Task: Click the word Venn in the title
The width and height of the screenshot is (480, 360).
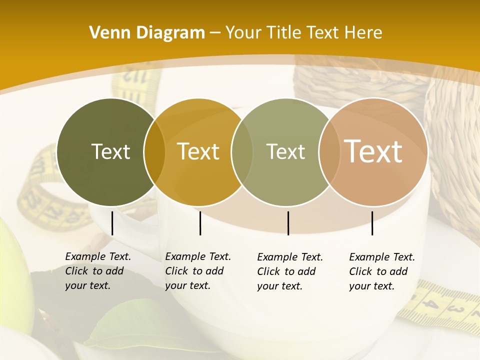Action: pos(106,33)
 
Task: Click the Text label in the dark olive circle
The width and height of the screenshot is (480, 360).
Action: pos(110,151)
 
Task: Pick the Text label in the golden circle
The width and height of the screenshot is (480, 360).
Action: pos(198,151)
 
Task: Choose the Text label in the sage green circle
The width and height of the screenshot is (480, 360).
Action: pos(285,151)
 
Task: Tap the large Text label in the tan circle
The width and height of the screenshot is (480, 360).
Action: pos(373,151)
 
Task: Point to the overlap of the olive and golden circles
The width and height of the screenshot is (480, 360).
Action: pos(154,152)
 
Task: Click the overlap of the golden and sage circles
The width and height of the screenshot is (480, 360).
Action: pos(242,152)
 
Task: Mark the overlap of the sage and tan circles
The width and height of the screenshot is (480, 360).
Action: pos(329,152)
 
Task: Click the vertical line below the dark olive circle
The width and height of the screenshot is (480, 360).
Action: pos(112,223)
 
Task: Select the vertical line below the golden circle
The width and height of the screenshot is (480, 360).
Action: pos(200,223)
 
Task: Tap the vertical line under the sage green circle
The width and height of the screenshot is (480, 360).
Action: pos(288,223)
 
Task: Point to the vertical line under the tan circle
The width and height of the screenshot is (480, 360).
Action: pos(372,223)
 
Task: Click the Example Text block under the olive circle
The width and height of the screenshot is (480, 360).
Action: pos(97,271)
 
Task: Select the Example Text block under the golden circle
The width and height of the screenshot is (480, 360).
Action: pos(197,271)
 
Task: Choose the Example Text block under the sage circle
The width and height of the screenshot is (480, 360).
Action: pos(289,271)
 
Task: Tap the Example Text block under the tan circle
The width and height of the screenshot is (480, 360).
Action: pos(381,271)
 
